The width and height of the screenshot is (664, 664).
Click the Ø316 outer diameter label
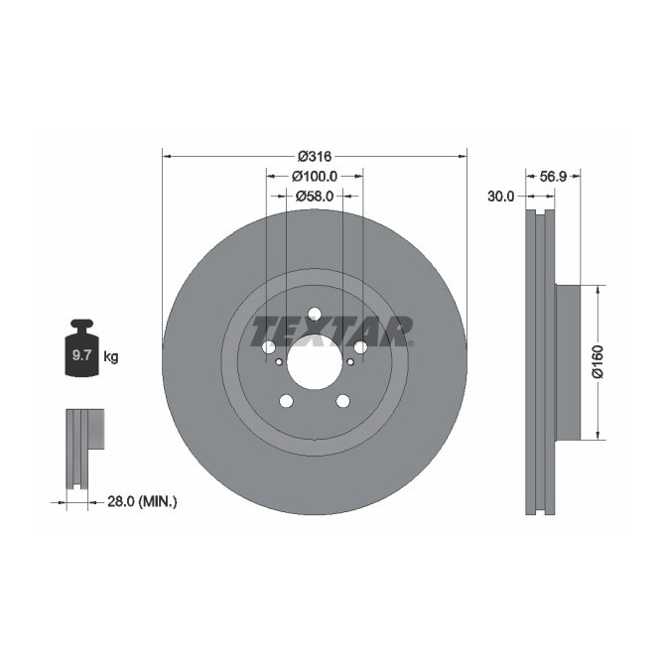(x=314, y=156)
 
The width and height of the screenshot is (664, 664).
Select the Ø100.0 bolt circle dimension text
(x=315, y=176)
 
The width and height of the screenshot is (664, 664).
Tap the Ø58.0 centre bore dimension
(x=315, y=196)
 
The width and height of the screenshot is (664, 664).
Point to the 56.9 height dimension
(x=552, y=176)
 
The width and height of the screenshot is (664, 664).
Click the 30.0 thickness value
(x=501, y=197)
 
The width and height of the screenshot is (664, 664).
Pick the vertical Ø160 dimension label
(x=598, y=361)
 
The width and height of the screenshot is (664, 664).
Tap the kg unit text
(x=110, y=356)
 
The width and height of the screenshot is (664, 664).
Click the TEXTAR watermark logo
(x=332, y=331)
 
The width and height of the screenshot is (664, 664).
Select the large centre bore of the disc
(x=314, y=361)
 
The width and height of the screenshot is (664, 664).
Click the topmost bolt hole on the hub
(x=315, y=314)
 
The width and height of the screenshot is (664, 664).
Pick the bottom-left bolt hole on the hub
(x=286, y=401)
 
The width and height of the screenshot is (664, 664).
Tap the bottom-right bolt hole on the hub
(x=343, y=401)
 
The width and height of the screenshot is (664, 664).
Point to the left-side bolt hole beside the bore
(x=268, y=347)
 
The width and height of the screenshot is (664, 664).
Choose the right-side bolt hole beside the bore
(x=360, y=347)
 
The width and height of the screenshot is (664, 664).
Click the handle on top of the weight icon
(x=80, y=325)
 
